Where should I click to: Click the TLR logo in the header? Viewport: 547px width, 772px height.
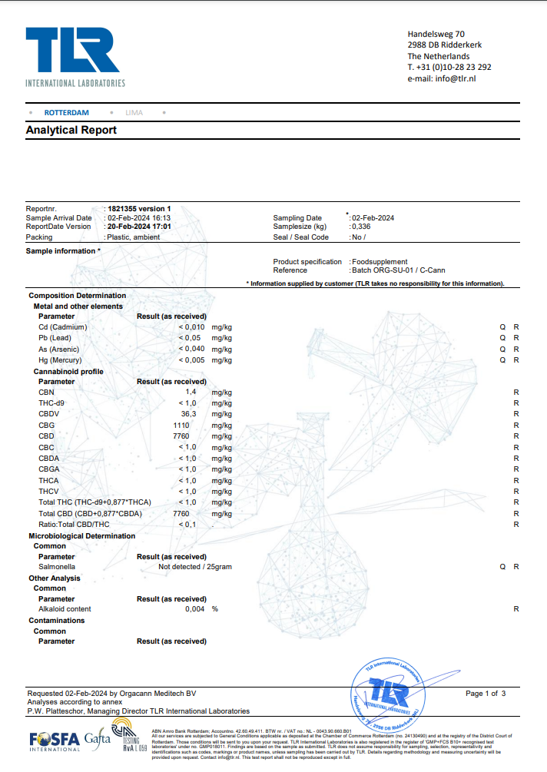[73, 52]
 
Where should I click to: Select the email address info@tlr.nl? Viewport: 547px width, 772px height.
[455, 78]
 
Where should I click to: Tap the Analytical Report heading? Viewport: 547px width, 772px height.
[71, 131]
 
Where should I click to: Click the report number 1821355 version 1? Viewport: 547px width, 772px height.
[139, 208]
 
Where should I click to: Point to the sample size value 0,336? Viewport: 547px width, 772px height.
[361, 227]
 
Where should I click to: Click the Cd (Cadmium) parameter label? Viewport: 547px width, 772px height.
[62, 327]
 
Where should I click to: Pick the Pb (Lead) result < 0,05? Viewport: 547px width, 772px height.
[190, 338]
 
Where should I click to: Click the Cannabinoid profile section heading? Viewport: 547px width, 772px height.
[68, 371]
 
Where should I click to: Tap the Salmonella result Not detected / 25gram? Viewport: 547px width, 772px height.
[194, 567]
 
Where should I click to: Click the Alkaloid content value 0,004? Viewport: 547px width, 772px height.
[195, 609]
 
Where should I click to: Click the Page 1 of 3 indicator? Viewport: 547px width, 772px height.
[486, 694]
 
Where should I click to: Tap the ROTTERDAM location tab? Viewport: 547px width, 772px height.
[66, 113]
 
